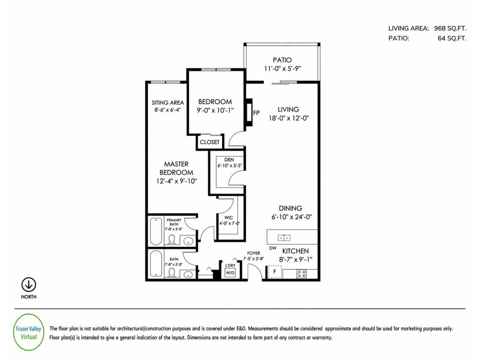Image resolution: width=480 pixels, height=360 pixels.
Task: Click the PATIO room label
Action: click(x=282, y=60)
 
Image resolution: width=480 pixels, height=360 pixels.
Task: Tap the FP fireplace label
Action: click(x=256, y=113)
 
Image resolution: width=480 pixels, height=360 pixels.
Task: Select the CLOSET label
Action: click(x=209, y=142)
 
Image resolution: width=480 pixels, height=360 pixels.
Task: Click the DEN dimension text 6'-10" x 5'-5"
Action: click(x=229, y=165)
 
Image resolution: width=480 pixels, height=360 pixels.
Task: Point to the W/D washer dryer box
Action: click(x=230, y=273)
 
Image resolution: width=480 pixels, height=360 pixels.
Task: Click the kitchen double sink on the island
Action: click(x=284, y=238)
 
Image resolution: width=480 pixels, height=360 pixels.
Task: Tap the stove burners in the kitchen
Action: click(x=301, y=274)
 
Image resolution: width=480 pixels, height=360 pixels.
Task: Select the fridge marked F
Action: click(x=274, y=272)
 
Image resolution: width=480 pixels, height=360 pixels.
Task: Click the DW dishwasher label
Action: click(x=272, y=248)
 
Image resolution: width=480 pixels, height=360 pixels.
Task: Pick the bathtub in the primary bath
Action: click(x=156, y=231)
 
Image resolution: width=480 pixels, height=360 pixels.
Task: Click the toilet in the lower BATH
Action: click(x=172, y=273)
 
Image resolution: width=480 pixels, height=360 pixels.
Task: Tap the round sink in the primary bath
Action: click(x=188, y=241)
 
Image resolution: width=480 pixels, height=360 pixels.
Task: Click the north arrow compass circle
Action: click(x=29, y=284)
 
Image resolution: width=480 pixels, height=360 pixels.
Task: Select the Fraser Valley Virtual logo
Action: click(x=29, y=332)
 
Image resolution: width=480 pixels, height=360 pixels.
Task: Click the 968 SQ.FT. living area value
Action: click(x=450, y=28)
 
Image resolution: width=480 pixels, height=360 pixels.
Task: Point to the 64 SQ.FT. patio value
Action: click(x=452, y=38)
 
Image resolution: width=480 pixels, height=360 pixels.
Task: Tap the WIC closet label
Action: click(x=229, y=217)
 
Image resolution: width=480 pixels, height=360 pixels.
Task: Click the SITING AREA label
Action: click(x=167, y=103)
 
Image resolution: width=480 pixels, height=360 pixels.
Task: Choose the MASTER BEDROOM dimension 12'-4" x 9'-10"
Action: click(x=176, y=181)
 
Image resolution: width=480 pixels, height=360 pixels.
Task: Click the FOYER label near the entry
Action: click(x=253, y=253)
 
